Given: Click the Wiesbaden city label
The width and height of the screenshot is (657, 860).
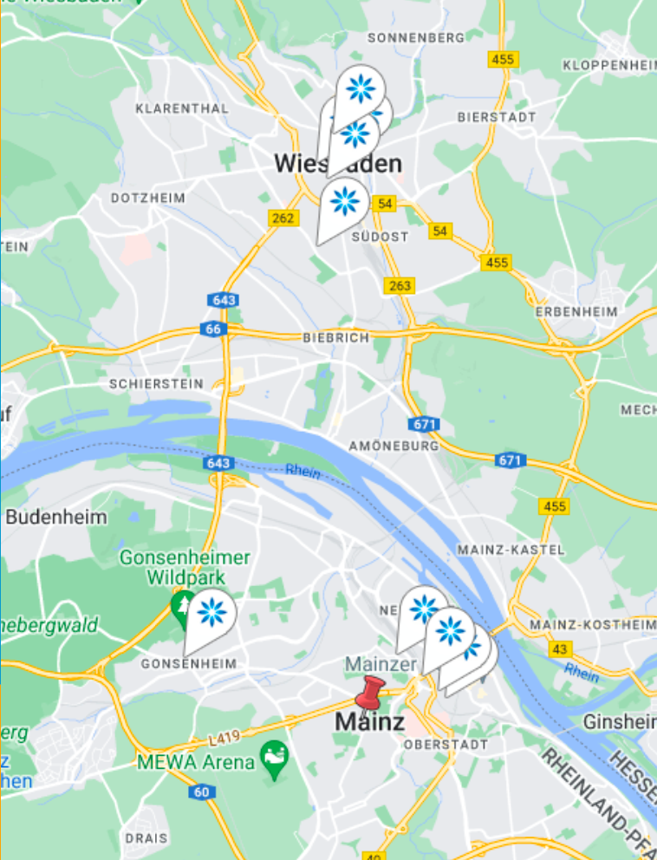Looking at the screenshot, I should (337, 163).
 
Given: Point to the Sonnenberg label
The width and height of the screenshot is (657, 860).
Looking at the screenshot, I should (416, 38).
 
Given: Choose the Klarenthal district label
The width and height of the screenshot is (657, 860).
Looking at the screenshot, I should (182, 108).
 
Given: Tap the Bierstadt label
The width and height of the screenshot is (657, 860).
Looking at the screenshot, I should (497, 116).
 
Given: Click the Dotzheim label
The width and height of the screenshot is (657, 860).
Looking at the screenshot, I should (147, 198).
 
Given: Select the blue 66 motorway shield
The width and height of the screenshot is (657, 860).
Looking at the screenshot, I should (212, 329).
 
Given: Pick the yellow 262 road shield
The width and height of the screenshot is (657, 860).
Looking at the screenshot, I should (283, 218).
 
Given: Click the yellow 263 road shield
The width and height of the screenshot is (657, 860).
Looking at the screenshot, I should (400, 285).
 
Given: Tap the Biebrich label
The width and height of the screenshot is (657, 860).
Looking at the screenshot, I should (336, 337).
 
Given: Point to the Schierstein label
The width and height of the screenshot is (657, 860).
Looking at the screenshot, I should (156, 383).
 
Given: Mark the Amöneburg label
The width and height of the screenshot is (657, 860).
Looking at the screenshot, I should (394, 446).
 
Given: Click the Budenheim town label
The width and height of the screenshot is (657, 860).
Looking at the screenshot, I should (56, 518).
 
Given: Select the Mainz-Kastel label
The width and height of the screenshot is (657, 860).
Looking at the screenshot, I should (510, 550).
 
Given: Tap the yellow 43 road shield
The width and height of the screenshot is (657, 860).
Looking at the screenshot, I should (560, 648).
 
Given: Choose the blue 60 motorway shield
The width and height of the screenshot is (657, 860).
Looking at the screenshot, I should (201, 792).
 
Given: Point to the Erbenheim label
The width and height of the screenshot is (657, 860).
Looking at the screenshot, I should (577, 311).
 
